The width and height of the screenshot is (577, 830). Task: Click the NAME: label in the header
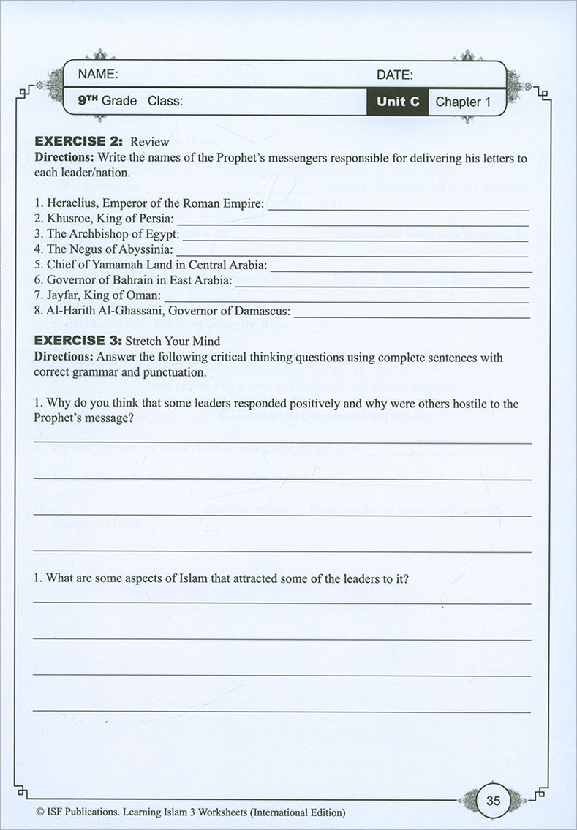(x=98, y=74)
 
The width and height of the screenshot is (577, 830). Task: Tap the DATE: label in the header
(x=395, y=75)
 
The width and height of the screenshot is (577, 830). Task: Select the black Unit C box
(x=398, y=102)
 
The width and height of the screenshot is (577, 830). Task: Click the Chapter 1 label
(x=463, y=102)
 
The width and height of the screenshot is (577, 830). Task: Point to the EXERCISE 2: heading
(x=80, y=141)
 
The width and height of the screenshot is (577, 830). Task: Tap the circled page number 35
(x=493, y=801)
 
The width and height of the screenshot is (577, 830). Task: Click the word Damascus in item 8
(x=263, y=311)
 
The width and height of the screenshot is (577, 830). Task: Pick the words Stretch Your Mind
(x=173, y=342)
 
